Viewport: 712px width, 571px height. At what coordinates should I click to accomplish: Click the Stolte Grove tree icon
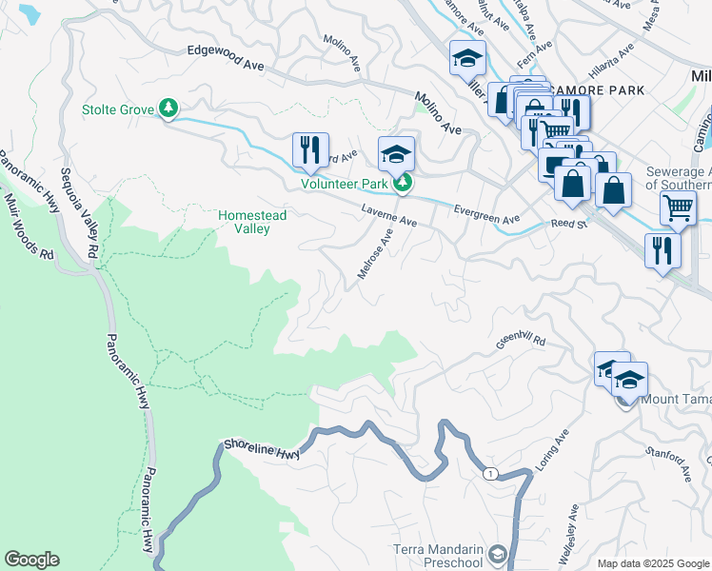pos(169,109)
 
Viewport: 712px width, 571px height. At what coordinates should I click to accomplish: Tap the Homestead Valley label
pos(252,222)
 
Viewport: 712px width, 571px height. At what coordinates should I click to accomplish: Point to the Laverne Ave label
pos(388,214)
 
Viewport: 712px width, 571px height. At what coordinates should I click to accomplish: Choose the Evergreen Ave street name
pos(486,214)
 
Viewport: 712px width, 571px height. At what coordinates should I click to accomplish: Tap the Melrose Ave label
pos(375,253)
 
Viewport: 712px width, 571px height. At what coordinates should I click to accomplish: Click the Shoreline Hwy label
pos(262,448)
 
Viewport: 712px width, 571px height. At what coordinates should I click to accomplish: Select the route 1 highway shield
pos(489,473)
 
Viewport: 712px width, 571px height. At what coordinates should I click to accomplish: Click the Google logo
pos(31,560)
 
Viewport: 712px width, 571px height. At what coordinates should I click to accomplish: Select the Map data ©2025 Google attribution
pos(652,563)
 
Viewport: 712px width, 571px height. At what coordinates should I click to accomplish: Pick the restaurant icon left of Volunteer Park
pos(310,150)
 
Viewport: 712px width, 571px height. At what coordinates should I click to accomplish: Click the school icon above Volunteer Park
pos(397,153)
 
